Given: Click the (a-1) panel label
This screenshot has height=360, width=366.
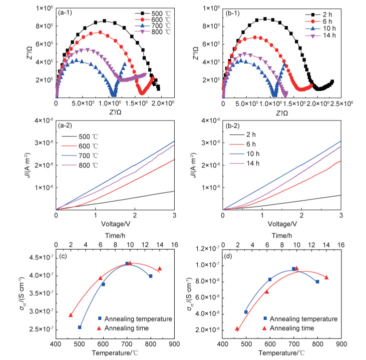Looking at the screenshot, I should coord(68,10).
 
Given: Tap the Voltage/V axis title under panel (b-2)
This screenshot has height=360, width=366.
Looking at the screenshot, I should coord(281,224).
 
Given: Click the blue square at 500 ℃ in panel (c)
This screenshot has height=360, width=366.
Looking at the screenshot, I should coord(80,327).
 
